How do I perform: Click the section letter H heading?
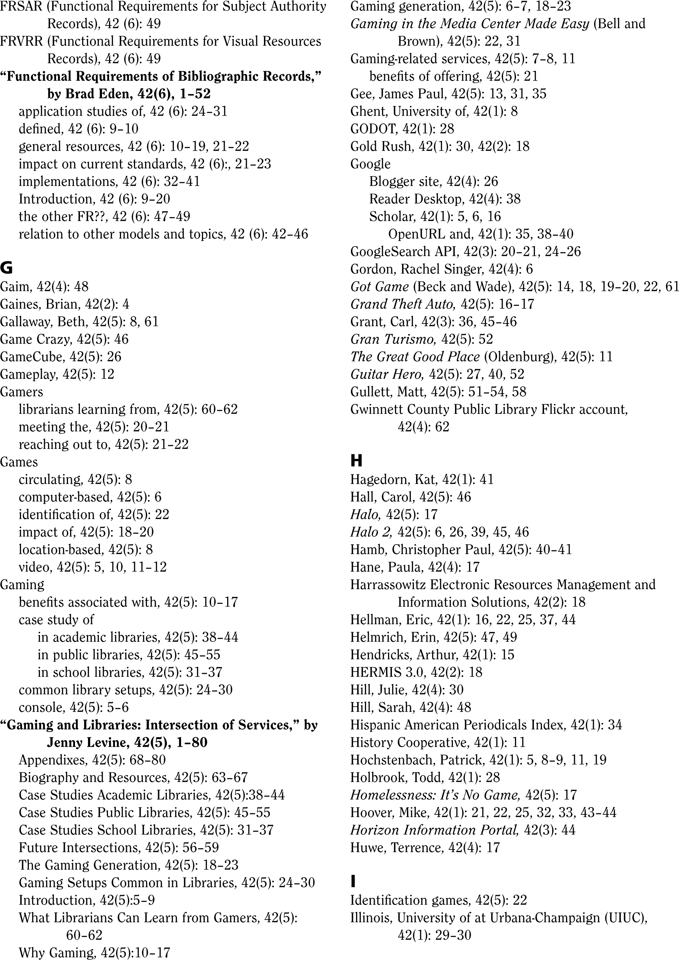[356, 461]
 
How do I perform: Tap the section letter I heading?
[353, 881]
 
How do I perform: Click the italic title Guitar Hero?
[387, 374]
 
